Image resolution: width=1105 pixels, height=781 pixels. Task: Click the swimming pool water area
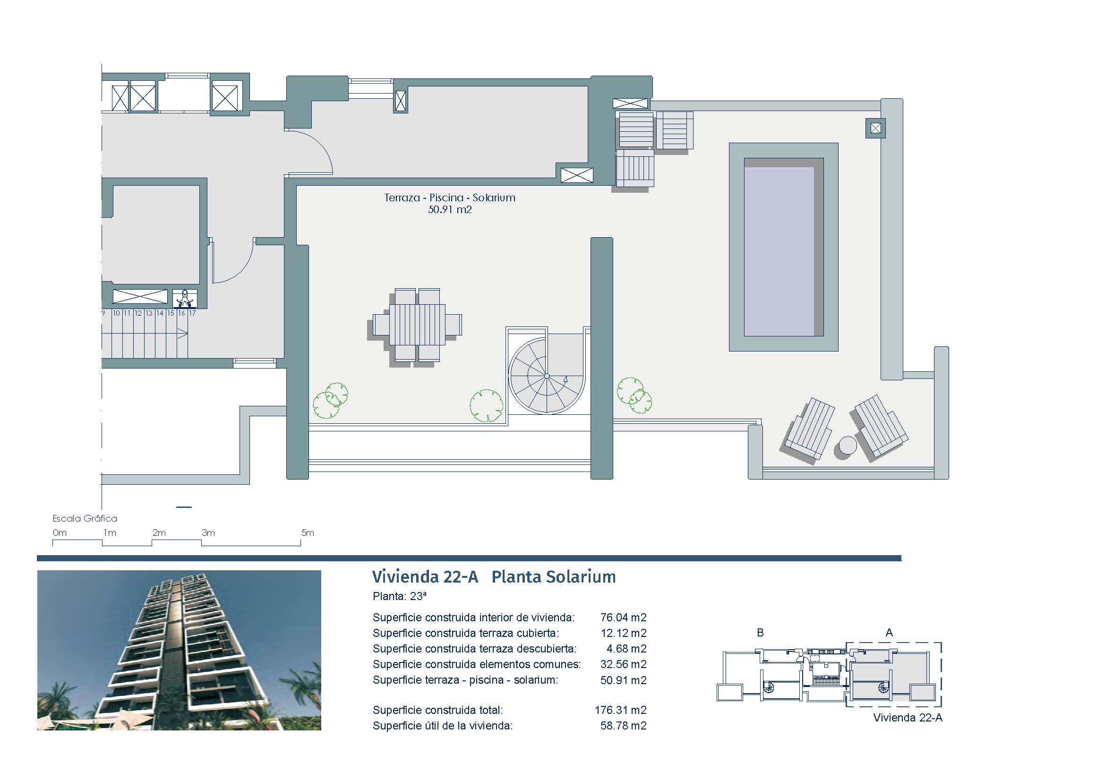(x=783, y=247)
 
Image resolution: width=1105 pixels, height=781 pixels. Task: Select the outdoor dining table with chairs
(x=417, y=325)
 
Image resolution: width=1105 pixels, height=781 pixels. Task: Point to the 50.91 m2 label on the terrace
(x=450, y=210)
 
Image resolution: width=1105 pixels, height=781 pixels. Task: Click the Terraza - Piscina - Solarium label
(x=450, y=197)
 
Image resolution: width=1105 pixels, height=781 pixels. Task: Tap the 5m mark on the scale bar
(x=308, y=532)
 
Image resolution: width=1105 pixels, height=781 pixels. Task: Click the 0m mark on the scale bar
(x=60, y=532)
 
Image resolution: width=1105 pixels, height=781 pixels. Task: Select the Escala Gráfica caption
(x=85, y=518)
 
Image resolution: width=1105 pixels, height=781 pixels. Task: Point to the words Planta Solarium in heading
(x=554, y=576)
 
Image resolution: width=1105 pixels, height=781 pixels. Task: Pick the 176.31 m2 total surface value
(x=621, y=710)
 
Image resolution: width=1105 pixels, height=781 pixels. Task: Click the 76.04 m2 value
(x=623, y=618)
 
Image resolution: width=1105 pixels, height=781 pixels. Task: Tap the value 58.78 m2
(x=623, y=726)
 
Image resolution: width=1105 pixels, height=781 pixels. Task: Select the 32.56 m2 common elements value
(x=623, y=664)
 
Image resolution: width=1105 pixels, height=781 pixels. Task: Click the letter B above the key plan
(x=761, y=632)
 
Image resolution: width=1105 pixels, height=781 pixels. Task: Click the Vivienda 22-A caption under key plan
(x=908, y=718)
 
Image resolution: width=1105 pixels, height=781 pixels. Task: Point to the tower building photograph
(x=179, y=650)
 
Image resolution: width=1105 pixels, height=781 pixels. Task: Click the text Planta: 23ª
(x=400, y=596)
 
